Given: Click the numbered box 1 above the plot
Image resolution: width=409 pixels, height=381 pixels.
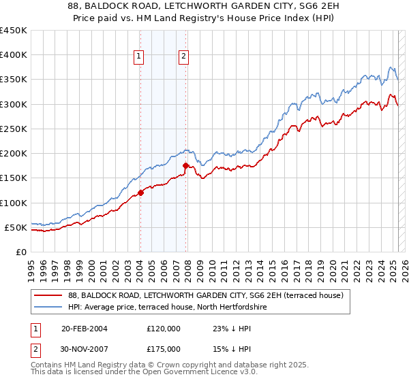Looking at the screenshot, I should pyautogui.click(x=139, y=57).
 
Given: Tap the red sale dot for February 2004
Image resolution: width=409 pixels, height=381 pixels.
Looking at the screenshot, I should pyautogui.click(x=140, y=193).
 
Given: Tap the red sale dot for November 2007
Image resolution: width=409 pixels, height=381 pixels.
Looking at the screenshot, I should pyautogui.click(x=185, y=165).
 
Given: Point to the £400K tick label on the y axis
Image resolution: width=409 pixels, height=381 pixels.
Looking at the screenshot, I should pyautogui.click(x=13, y=55).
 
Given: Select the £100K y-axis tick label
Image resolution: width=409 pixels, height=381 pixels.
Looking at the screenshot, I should pyautogui.click(x=13, y=203).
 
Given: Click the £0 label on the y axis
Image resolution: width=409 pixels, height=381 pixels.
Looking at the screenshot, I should pyautogui.click(x=20, y=252).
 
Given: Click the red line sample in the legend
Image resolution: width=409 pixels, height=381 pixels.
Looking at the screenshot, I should pyautogui.click(x=48, y=295).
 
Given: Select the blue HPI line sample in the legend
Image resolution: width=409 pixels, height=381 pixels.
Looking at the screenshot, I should pyautogui.click(x=48, y=307).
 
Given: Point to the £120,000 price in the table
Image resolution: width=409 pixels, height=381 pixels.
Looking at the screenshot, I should pyautogui.click(x=164, y=328).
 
